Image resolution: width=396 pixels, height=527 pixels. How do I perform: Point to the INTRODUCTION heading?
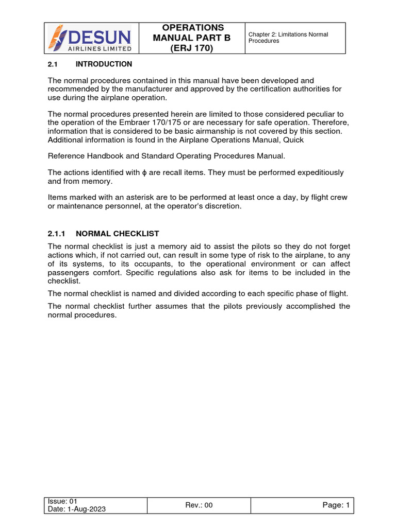(104, 64)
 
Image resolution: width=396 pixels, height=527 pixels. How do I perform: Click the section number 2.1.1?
(57, 234)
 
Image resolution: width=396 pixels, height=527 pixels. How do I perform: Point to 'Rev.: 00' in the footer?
(199, 505)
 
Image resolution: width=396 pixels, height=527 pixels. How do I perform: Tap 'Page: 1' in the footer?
(336, 505)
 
